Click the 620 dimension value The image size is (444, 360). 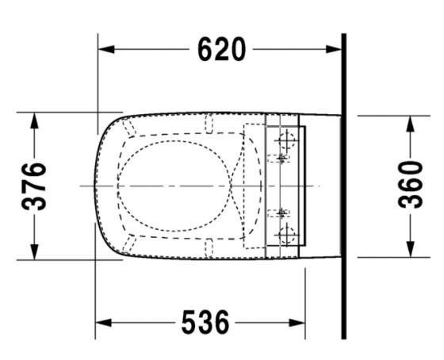click(221, 49)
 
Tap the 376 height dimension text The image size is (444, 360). click(34, 186)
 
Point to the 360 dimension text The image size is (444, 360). click(410, 184)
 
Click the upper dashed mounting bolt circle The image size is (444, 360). click(286, 144)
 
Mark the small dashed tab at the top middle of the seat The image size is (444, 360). click(211, 124)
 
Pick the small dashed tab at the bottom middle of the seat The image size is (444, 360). click(211, 250)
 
